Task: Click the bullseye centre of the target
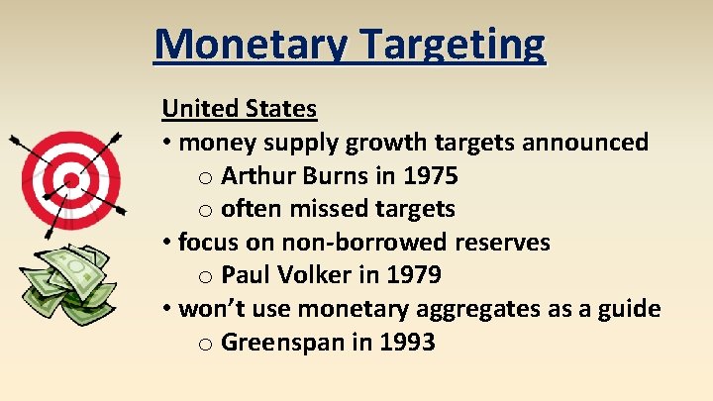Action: tap(70, 181)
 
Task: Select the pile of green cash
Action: tap(70, 283)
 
